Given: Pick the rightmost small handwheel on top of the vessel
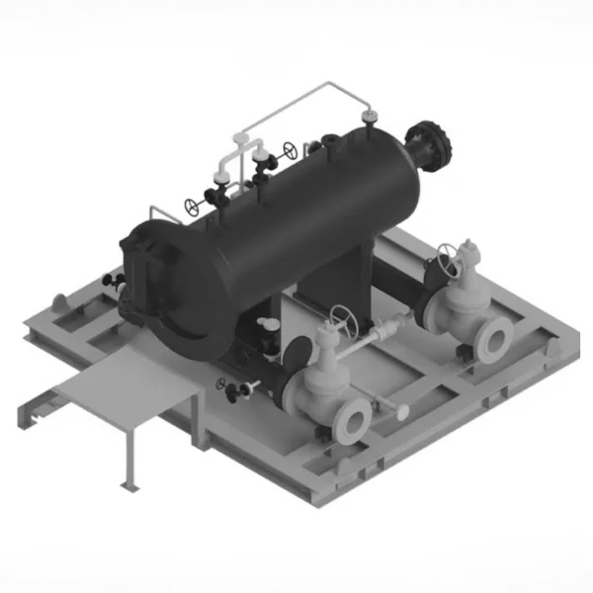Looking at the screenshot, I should click(x=290, y=151).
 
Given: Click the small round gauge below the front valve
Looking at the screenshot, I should click(x=403, y=409).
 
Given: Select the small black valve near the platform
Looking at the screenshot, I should click(x=234, y=392).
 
